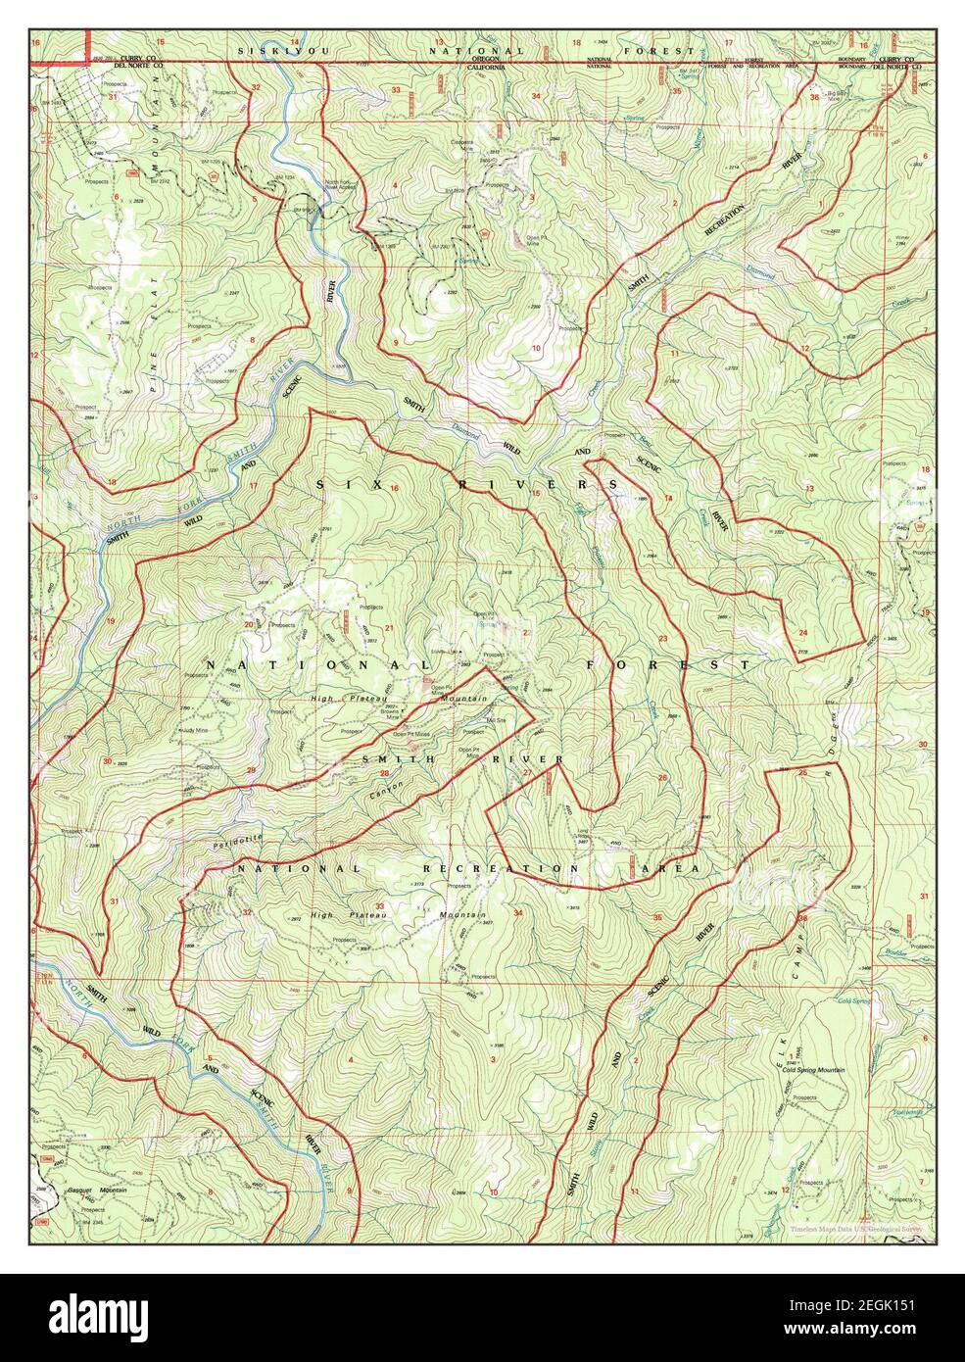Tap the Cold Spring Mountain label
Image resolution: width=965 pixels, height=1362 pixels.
[813, 1070]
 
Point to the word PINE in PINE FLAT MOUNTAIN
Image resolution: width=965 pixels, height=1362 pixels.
[154, 376]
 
